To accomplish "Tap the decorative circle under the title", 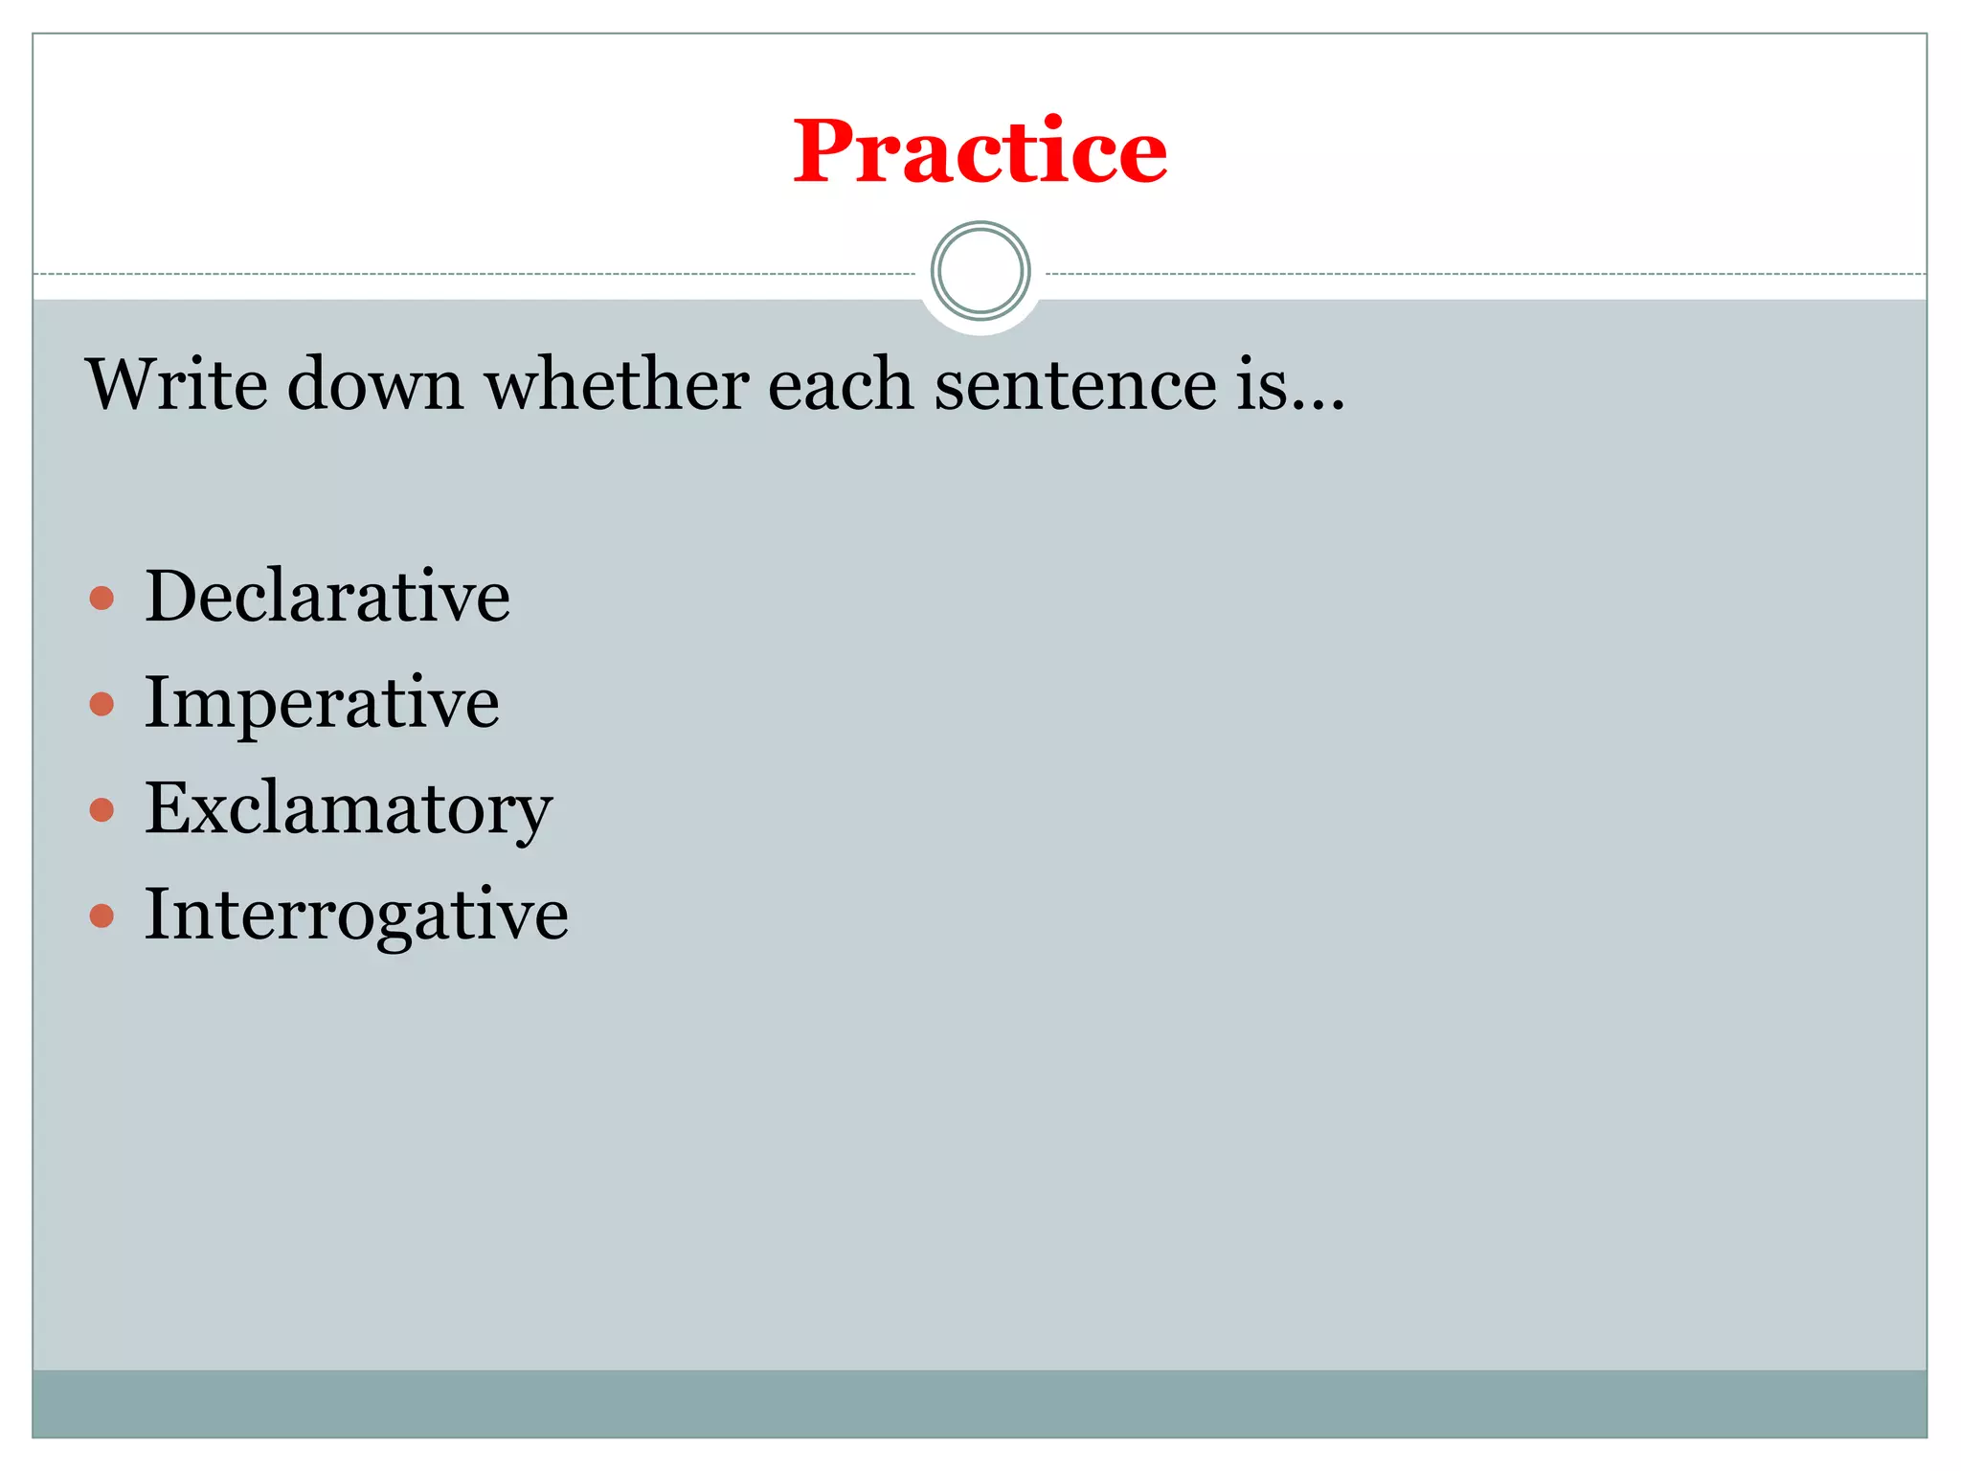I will coord(980,271).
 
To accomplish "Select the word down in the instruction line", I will coord(375,384).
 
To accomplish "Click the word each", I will coord(841,384).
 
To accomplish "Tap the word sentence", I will coord(1075,384).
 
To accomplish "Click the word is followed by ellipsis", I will coord(1289,384).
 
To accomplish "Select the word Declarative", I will coord(327,596).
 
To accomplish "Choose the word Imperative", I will coord(322,703).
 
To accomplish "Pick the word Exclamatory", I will coord(349,809).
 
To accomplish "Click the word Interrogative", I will coord(356,915).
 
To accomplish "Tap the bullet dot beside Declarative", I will coord(101,599).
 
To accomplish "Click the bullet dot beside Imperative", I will coord(101,705).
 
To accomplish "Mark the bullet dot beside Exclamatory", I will coord(101,810).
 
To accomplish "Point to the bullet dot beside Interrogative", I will coord(101,917).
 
